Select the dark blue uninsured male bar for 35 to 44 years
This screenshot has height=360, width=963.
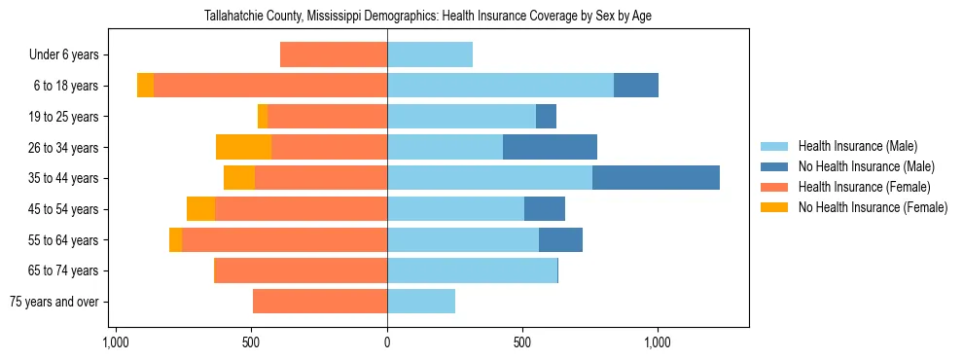tap(656, 178)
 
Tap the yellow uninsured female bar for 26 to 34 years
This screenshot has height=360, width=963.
tap(243, 147)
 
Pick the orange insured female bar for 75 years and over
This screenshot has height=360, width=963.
tap(320, 302)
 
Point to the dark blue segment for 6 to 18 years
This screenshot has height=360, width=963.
tap(636, 86)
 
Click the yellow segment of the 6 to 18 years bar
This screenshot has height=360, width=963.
tap(145, 86)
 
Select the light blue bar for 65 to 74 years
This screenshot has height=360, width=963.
tap(472, 270)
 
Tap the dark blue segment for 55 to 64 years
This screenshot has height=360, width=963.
tap(560, 239)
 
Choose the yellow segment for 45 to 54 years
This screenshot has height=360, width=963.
tap(200, 209)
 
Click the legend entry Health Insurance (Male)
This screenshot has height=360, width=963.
tap(857, 146)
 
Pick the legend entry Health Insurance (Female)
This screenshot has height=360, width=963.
tap(864, 187)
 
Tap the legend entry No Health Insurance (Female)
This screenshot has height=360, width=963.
tap(873, 207)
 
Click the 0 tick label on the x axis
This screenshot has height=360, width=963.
tap(387, 342)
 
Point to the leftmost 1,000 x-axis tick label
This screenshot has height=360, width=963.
tap(116, 342)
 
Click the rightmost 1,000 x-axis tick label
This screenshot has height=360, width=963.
tap(658, 342)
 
